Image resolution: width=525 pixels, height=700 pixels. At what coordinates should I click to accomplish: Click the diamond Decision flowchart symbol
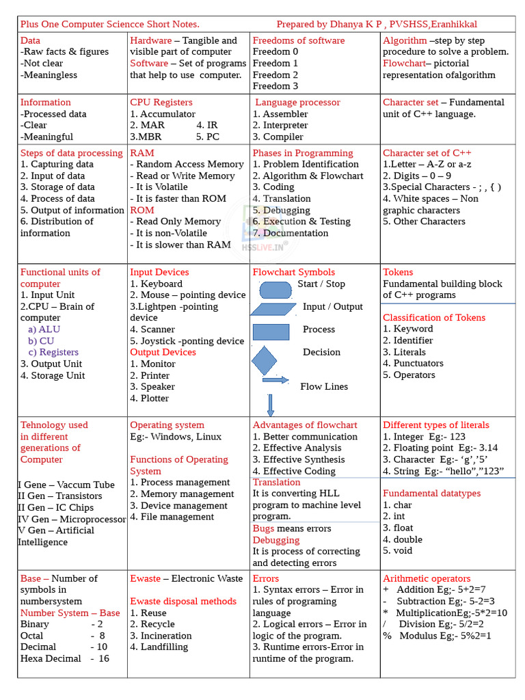(264, 360)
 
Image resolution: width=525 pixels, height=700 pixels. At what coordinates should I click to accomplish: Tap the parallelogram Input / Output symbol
(273, 309)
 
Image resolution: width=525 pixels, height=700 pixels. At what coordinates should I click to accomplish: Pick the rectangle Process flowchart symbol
(271, 332)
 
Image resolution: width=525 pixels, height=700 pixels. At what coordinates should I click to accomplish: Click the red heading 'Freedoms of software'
(298, 40)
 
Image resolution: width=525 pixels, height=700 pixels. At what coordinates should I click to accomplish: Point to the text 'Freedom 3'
(275, 86)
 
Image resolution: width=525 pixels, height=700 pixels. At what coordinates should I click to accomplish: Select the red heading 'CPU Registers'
(161, 103)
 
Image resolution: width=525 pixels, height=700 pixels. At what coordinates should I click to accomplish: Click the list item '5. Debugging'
(281, 211)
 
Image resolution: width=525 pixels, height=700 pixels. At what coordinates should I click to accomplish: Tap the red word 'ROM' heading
(142, 211)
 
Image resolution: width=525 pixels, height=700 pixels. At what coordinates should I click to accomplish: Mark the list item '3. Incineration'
(161, 636)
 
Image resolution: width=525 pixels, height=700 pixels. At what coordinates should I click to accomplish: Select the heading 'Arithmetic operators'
(427, 578)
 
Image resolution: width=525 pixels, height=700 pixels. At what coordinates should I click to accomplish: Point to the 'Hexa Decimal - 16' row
(64, 658)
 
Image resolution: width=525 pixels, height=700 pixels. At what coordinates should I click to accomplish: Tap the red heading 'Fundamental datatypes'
(431, 493)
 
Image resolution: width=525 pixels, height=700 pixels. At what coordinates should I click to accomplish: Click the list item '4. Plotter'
(150, 398)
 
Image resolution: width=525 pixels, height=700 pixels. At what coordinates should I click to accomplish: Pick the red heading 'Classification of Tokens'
(434, 318)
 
